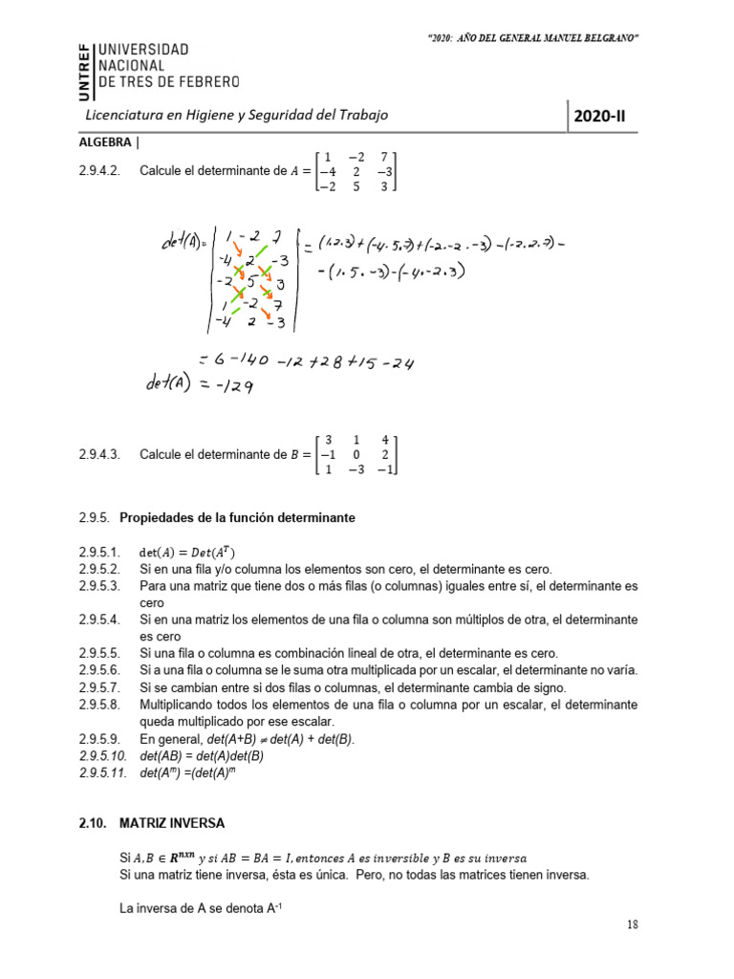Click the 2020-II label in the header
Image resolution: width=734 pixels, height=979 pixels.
604,118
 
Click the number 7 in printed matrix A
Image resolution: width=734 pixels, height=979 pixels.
384,156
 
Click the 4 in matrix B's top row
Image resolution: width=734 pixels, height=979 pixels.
384,441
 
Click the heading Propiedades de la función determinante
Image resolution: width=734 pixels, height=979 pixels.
237,518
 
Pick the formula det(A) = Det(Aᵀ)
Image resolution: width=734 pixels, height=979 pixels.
186,553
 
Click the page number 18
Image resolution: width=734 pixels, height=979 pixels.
633,925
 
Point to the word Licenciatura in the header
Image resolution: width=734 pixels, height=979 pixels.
123,115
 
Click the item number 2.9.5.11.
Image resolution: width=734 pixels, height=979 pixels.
102,772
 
